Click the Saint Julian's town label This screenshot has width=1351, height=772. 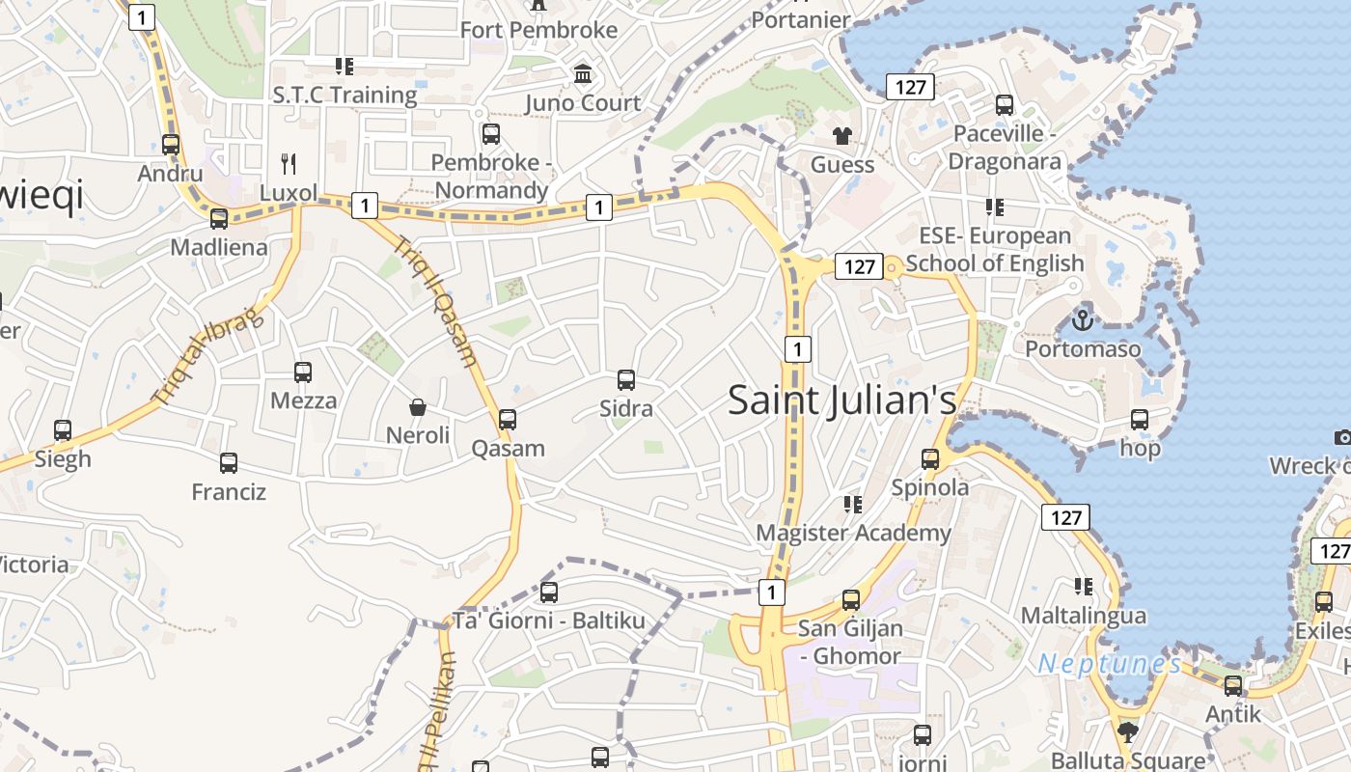[841, 400]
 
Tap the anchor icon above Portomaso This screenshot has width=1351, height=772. [1083, 318]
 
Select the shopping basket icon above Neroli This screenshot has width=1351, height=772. [418, 407]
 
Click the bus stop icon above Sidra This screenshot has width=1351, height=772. [626, 380]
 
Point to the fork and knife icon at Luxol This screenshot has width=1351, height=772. [288, 163]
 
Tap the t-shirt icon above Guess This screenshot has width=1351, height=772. [842, 136]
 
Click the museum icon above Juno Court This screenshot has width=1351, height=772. [583, 74]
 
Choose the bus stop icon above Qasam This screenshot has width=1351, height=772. [508, 420]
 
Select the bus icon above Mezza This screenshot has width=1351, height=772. [303, 372]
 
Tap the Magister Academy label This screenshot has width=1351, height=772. [853, 533]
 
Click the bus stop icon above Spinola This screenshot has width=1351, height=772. [930, 459]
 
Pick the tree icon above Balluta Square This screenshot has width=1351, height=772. [1127, 731]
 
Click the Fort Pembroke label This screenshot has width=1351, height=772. [538, 30]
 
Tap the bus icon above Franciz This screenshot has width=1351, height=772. [229, 463]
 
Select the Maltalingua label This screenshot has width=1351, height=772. [1084, 616]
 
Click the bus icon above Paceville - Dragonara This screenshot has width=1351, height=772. [1005, 105]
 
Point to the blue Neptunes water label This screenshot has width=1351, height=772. [1109, 664]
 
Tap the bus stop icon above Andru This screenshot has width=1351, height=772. [171, 145]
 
